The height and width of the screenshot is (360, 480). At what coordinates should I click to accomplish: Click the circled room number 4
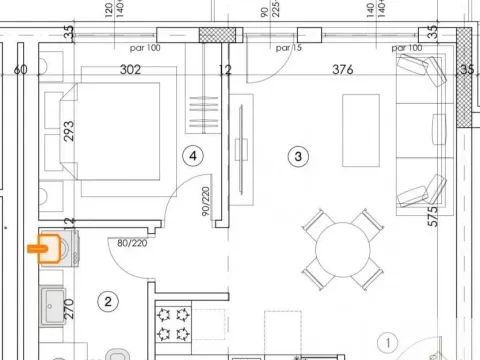pyautogui.click(x=194, y=155)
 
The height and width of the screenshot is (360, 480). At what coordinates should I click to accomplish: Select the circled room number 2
pyautogui.click(x=110, y=300)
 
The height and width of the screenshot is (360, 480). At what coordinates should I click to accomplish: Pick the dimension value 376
pyautogui.click(x=344, y=69)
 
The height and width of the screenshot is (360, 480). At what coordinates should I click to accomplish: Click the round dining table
pyautogui.click(x=341, y=246)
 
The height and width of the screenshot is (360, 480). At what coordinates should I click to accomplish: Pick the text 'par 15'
pyautogui.click(x=288, y=47)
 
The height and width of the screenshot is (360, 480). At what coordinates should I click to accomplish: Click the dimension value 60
pyautogui.click(x=19, y=69)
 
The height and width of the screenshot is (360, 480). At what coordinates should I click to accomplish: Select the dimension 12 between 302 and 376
pyautogui.click(x=225, y=69)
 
